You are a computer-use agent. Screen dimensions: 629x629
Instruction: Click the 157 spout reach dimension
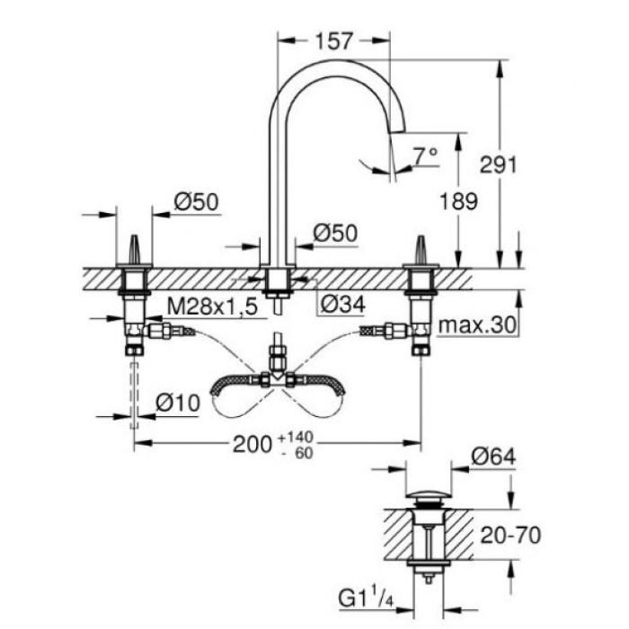click(x=333, y=41)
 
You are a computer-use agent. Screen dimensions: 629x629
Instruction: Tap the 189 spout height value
click(x=459, y=202)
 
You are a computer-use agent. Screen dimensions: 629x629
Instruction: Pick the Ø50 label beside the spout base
click(x=336, y=234)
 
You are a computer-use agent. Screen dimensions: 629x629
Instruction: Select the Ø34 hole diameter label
click(x=342, y=306)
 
